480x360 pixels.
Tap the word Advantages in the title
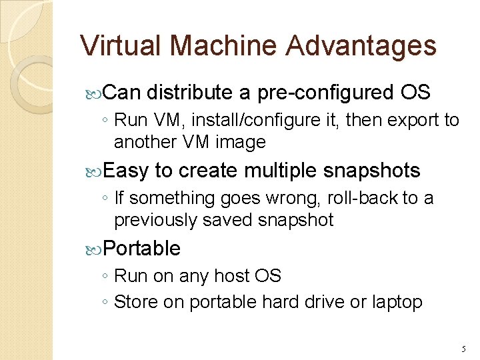[362, 45]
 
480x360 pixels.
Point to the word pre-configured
[325, 93]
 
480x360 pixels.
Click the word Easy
[126, 171]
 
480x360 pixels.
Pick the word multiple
[281, 171]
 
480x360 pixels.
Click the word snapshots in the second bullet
[372, 171]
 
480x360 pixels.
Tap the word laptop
[397, 302]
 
